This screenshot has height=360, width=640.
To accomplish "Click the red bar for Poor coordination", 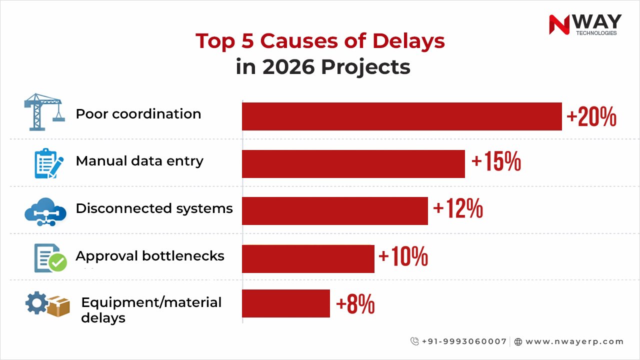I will (401, 116).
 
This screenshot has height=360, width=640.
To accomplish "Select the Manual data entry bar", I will (353, 163).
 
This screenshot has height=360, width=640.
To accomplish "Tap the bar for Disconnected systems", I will (334, 210).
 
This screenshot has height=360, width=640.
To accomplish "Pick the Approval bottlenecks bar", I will (308, 258).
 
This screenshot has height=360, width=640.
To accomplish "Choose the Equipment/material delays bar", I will (285, 303).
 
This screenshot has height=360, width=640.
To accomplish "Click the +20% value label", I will (591, 117).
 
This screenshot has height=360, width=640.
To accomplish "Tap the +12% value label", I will (458, 209).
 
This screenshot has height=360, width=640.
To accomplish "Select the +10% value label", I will (403, 257).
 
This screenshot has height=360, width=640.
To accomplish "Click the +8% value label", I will (355, 304).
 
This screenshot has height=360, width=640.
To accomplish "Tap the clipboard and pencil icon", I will (48, 163).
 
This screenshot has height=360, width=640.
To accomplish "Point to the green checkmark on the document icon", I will (57, 262).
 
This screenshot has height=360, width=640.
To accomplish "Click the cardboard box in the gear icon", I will (58, 306).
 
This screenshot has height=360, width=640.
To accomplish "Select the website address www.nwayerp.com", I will (574, 341).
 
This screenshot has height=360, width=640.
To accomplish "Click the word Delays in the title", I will (408, 41).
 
